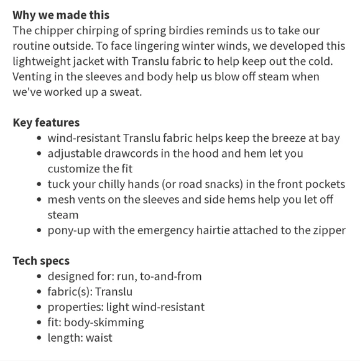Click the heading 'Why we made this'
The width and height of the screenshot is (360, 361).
pyautogui.click(x=61, y=15)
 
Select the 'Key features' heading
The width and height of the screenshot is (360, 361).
pyautogui.click(x=46, y=123)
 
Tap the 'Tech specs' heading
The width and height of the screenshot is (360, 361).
pyautogui.click(x=41, y=261)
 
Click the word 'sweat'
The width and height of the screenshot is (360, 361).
pyautogui.click(x=127, y=92)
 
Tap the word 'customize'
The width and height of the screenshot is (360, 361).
pyautogui.click(x=74, y=169)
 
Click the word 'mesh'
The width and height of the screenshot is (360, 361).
pyautogui.click(x=62, y=200)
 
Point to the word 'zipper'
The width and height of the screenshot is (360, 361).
pyautogui.click(x=328, y=230)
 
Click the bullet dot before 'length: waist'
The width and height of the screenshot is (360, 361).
pyautogui.click(x=40, y=338)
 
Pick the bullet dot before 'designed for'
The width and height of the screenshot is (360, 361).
pyautogui.click(x=40, y=276)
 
